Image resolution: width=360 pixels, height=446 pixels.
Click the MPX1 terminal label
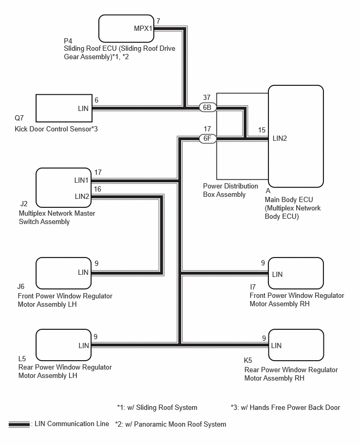point(143,28)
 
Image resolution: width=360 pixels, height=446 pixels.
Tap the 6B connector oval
point(207,107)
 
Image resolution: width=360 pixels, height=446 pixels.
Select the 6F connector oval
point(208,139)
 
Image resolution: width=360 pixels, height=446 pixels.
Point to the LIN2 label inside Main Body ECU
point(280,139)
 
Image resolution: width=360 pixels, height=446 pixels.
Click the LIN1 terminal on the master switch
point(81,180)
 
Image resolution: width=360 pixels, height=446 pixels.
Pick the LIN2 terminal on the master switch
point(82,196)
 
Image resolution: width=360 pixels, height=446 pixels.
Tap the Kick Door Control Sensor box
point(64,108)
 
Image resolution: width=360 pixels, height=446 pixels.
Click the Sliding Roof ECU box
point(126,28)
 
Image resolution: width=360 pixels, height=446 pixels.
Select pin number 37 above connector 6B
point(207,97)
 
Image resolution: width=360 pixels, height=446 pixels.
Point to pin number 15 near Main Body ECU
point(262,130)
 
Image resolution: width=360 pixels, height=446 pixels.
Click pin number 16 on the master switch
point(97,189)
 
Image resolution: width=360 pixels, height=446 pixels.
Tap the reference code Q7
point(19,118)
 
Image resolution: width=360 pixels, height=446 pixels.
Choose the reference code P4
point(68,41)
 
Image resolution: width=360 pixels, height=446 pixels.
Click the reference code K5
point(248,360)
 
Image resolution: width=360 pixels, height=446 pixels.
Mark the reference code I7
point(253,287)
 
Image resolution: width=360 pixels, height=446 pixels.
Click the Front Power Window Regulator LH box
point(63,273)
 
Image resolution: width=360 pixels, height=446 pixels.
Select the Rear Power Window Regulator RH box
point(296,345)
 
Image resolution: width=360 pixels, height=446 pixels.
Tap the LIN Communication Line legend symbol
point(19,425)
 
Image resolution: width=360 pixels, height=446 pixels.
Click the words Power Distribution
point(231,186)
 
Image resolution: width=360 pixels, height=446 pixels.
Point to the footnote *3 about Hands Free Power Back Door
point(286,408)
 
